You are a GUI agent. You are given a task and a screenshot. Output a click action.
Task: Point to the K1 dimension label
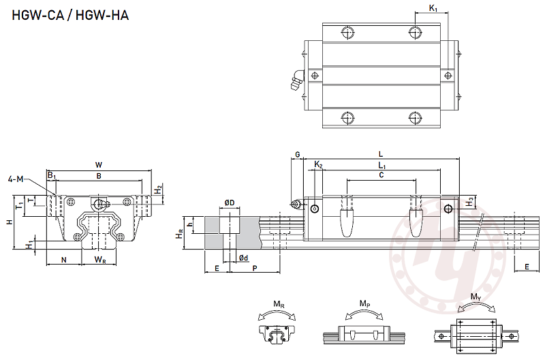coord(434,8)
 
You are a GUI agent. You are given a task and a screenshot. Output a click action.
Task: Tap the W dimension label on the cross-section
coord(99,165)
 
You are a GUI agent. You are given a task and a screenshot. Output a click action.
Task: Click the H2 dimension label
coord(158,190)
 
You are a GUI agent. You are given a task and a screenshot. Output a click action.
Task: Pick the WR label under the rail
coord(100,260)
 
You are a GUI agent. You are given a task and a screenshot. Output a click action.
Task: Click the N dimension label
coord(63,260)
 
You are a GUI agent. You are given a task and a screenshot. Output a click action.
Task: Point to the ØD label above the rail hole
coord(230,203)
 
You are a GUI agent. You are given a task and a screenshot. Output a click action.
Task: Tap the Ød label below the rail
coord(243,258)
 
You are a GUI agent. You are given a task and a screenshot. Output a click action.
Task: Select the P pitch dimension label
coord(255,269)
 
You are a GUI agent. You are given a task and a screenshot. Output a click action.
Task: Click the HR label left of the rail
coord(180,233)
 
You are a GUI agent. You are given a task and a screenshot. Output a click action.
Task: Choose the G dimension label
coord(297,155)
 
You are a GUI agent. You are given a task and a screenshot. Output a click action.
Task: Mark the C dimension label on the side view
coord(381,175)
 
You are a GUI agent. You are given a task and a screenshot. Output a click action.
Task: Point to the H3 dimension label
coord(470,202)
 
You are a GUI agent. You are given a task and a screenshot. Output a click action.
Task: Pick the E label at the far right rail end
coord(527,267)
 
